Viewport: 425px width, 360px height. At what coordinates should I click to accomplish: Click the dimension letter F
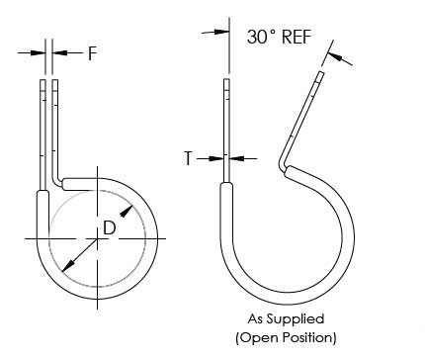(93, 53)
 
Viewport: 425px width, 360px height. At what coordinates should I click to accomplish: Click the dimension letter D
(109, 227)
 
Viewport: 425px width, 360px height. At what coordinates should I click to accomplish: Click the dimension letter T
(188, 158)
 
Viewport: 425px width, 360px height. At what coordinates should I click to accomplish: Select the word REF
(297, 37)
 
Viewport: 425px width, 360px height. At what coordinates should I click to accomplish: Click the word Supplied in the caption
(296, 319)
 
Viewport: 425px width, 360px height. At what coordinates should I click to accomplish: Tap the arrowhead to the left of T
(216, 158)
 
